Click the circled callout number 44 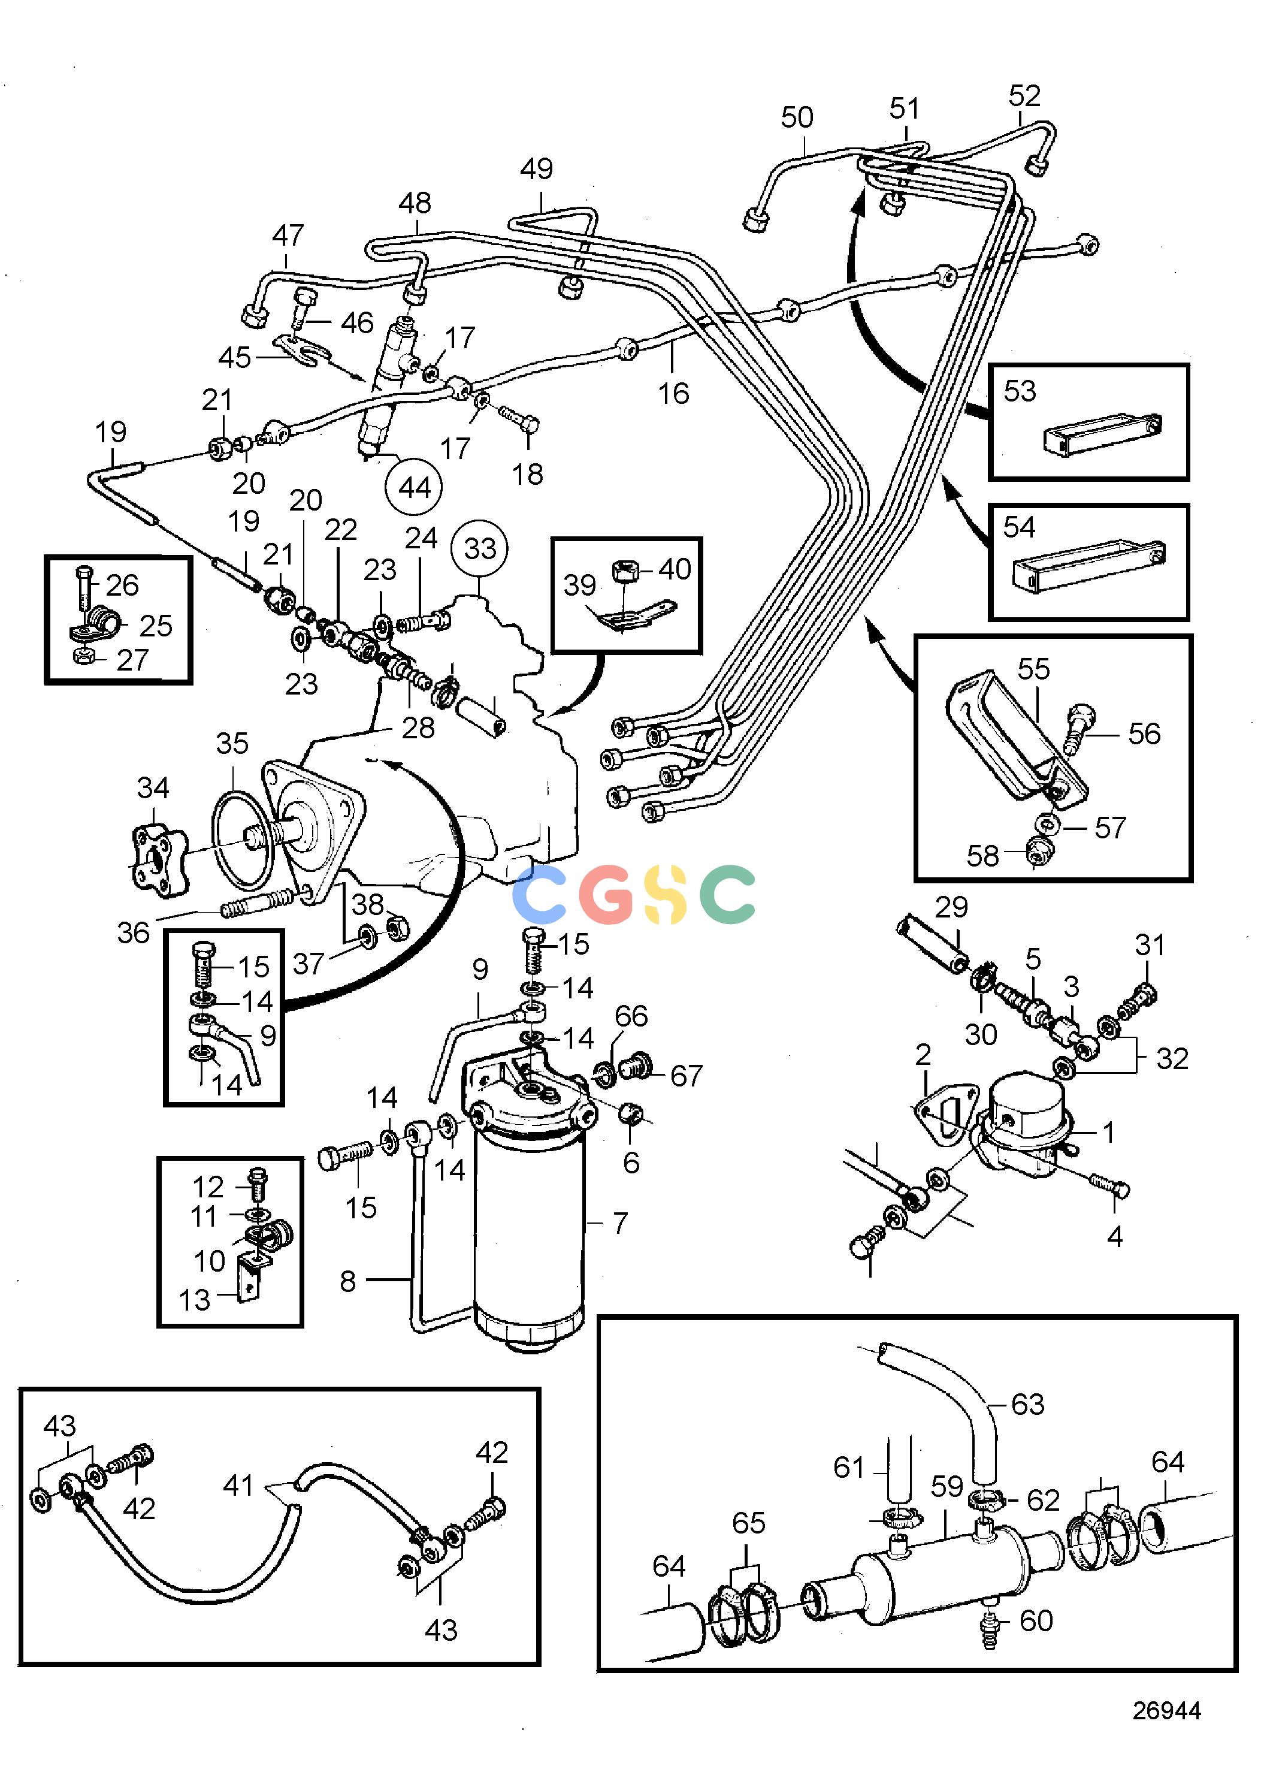(x=415, y=488)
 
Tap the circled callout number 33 (x=480, y=548)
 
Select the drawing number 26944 (x=1166, y=1710)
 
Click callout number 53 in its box (x=1020, y=390)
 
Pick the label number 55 (x=1034, y=669)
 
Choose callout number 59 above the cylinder (x=947, y=1486)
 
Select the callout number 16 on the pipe (x=673, y=393)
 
